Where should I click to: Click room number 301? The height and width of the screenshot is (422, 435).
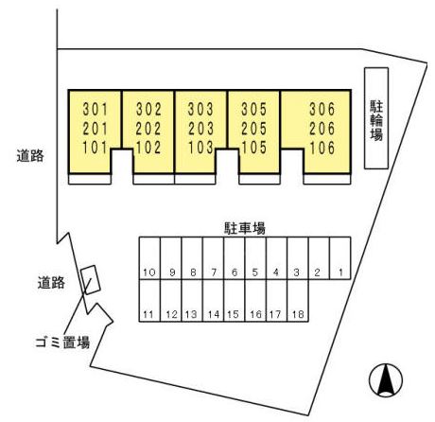click(x=96, y=110)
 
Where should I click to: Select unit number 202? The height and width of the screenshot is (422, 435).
click(x=148, y=129)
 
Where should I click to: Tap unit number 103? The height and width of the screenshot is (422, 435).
click(x=200, y=148)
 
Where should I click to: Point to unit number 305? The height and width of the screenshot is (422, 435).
click(x=254, y=110)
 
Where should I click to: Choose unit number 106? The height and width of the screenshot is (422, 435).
click(x=322, y=148)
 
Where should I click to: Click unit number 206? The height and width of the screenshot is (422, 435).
click(x=322, y=129)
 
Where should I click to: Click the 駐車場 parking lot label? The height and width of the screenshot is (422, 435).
click(x=245, y=228)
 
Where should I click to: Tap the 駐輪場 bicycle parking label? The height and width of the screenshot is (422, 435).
click(x=376, y=120)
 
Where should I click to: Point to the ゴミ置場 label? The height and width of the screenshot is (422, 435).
click(x=62, y=342)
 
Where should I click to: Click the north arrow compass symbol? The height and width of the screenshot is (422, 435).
click(x=386, y=379)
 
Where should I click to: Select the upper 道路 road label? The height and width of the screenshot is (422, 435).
click(x=30, y=156)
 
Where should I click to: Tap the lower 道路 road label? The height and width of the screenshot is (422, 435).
click(x=51, y=283)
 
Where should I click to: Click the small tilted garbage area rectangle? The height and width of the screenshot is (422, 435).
click(x=91, y=280)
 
